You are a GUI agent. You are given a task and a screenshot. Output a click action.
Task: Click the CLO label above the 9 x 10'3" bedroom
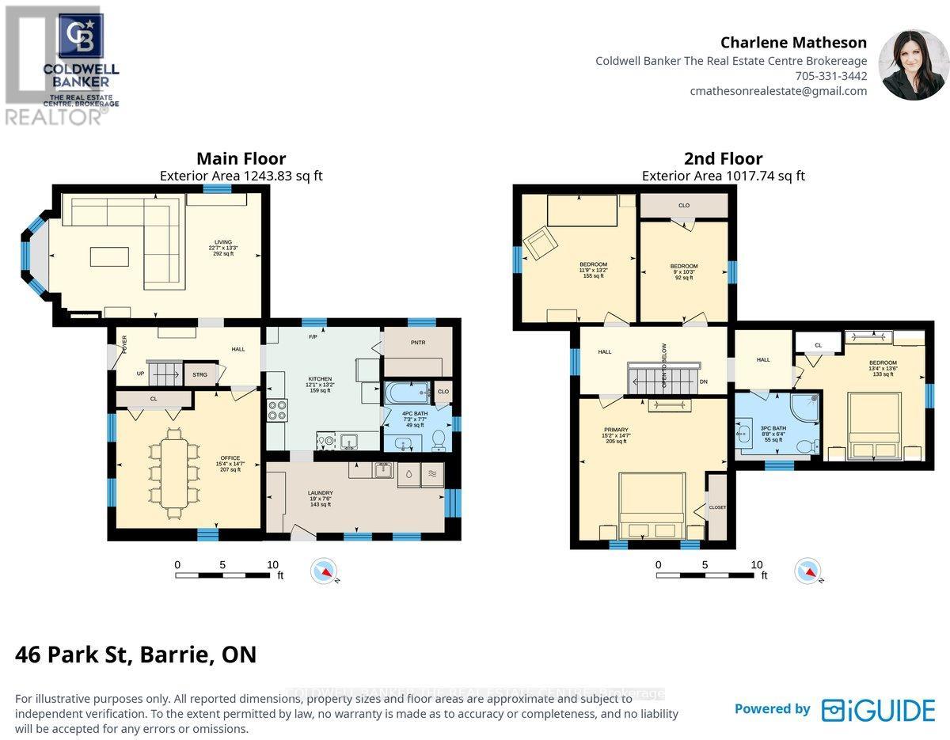[684, 206]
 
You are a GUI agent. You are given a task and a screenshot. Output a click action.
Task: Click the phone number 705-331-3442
[830, 76]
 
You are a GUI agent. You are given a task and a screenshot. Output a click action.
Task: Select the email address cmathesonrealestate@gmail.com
[778, 91]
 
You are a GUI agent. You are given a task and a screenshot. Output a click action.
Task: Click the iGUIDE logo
[878, 709]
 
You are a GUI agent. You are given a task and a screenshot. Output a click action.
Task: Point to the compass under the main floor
[325, 571]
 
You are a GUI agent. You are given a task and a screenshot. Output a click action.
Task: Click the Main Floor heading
[241, 159]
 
